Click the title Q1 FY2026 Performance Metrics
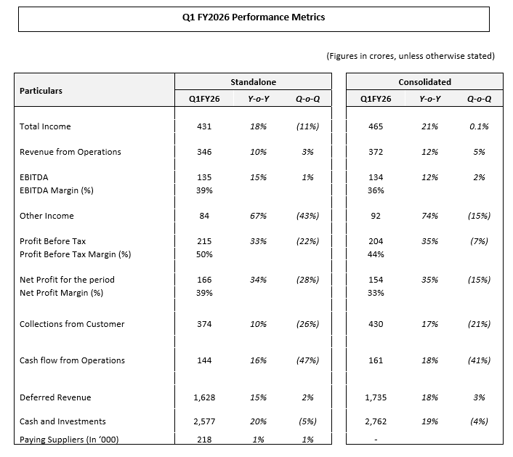tap(254, 17)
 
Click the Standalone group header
tap(253, 82)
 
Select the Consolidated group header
tap(424, 82)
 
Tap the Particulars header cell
tap(41, 91)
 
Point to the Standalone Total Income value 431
tap(204, 126)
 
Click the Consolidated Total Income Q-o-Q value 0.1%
tap(479, 126)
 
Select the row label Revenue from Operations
tap(70, 152)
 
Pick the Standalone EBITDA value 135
tap(204, 177)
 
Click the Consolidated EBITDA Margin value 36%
tap(376, 190)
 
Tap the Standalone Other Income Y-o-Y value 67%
tap(258, 216)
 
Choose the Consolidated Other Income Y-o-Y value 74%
tap(429, 216)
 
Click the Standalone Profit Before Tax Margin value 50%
tap(204, 254)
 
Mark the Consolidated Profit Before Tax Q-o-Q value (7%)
tap(479, 241)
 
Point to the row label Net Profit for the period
tap(67, 280)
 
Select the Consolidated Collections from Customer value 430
tap(376, 324)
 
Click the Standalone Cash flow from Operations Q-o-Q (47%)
tap(307, 360)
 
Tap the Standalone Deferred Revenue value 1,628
tap(204, 397)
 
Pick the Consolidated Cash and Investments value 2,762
tap(376, 421)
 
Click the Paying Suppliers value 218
tap(204, 440)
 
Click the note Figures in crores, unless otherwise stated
tap(411, 56)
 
